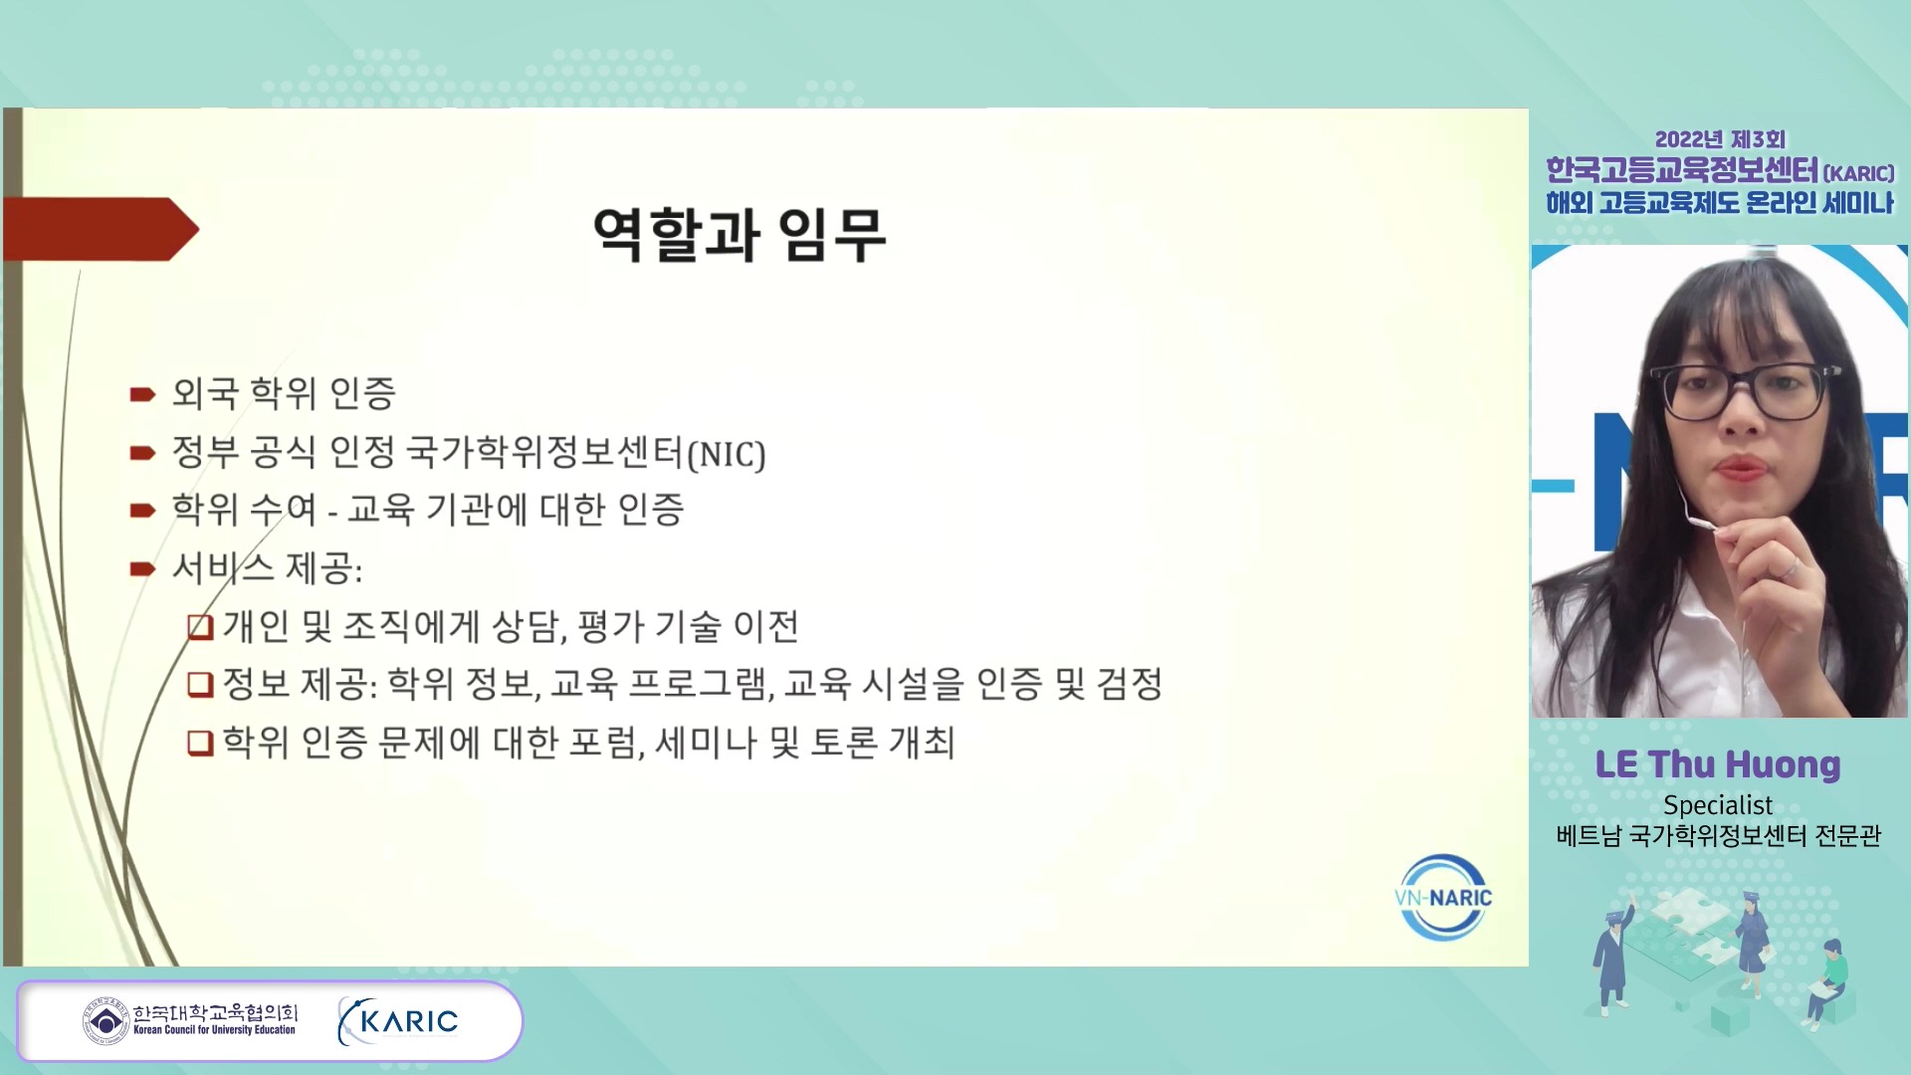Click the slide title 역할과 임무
pos(739,235)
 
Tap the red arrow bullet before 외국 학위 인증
pos(142,395)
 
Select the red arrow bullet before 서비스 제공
pos(142,569)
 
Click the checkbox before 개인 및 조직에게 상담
pos(200,627)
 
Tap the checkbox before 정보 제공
pos(200,685)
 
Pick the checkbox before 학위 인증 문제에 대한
pos(200,743)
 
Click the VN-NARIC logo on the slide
pos(1443,898)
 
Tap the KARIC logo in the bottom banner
pos(398,1021)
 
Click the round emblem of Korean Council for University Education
pos(106,1021)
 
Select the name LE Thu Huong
pos(1718,764)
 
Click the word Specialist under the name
pos(1718,804)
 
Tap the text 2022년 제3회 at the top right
pos(1720,139)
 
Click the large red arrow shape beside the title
pos(101,229)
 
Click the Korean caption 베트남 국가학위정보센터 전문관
pos(1719,835)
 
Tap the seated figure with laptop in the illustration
pos(1828,981)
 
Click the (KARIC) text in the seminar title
pos(1858,173)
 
